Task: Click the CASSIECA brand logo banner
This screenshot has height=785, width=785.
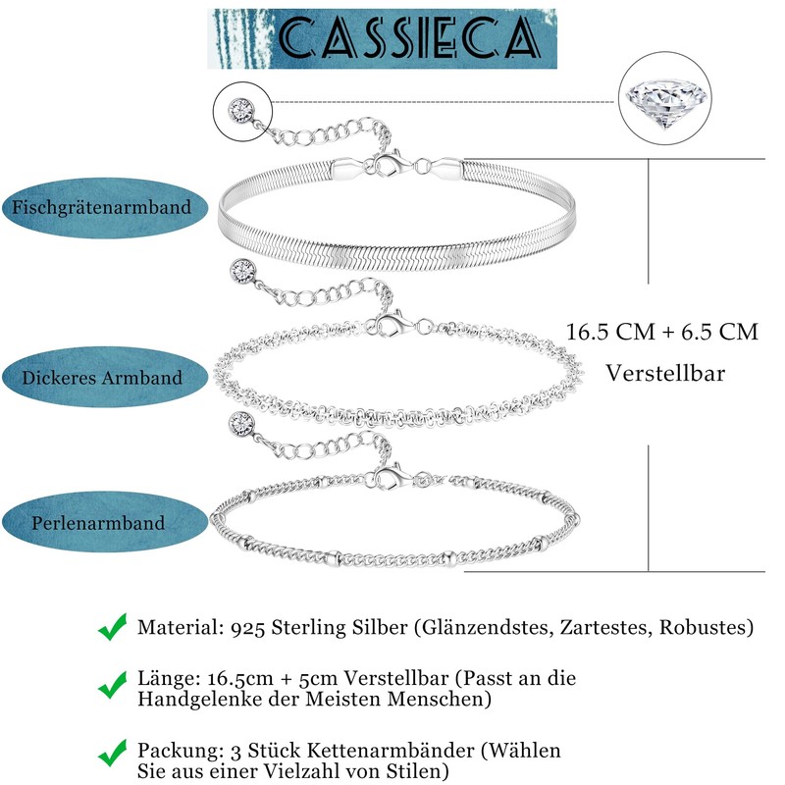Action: [382, 39]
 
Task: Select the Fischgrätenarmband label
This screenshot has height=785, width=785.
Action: [103, 209]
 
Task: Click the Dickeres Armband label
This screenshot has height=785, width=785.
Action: [103, 378]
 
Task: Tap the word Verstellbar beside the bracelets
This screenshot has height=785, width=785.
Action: [665, 374]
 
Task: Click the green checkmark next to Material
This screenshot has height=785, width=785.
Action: [113, 625]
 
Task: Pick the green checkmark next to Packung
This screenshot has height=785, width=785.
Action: [113, 753]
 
